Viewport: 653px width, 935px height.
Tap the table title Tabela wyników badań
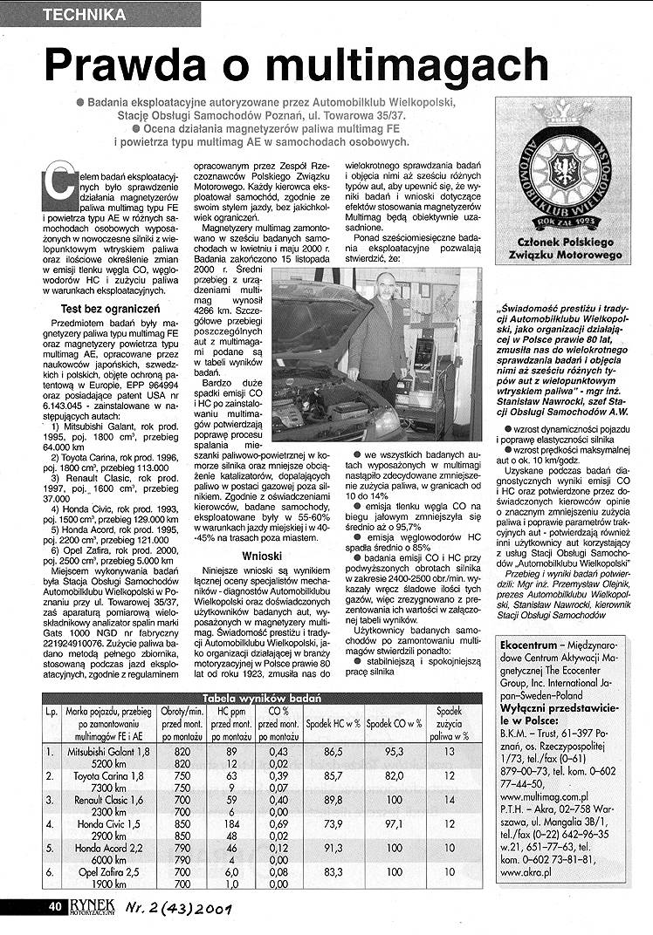(262, 698)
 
